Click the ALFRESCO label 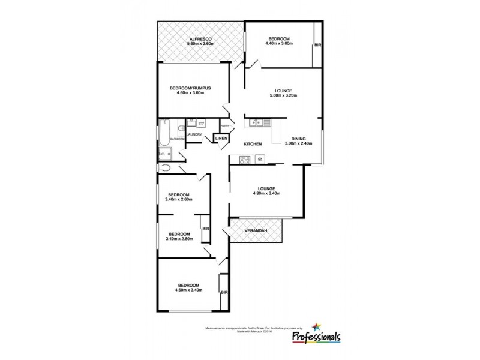coord(200,38)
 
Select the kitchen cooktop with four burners coord(245,160)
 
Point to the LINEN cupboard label coord(221,139)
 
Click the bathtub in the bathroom coord(164,133)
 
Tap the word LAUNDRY coord(194,134)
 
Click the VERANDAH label coord(255,230)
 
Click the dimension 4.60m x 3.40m coord(188,290)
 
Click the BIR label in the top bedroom coord(317,46)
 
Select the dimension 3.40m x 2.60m coord(179,200)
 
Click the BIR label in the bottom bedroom coord(224,292)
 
